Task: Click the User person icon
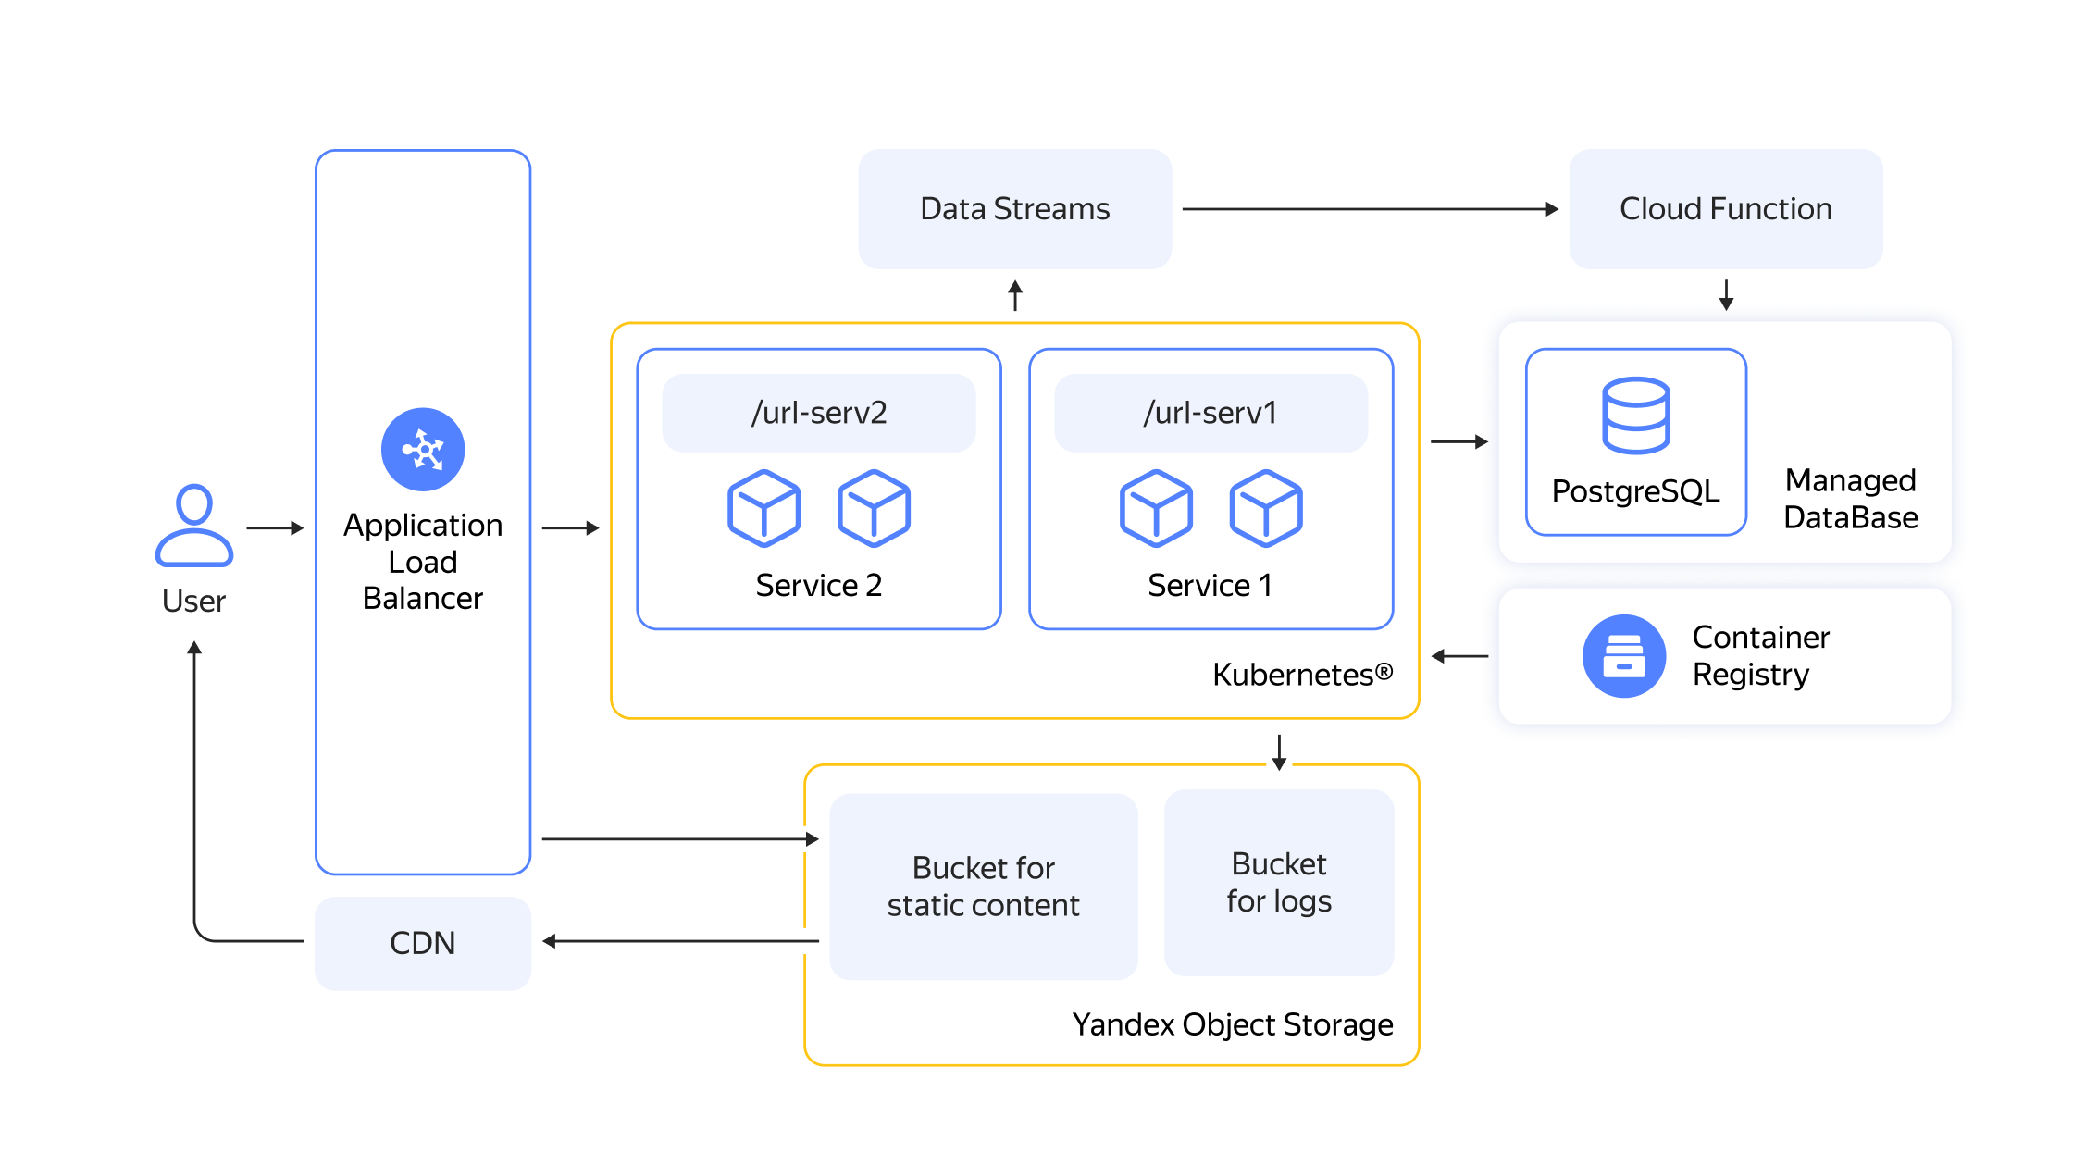[194, 525]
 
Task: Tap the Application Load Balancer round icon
[423, 450]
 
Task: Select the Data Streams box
[1015, 209]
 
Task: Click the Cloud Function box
[1726, 209]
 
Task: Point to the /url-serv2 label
[819, 413]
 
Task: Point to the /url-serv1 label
[1210, 413]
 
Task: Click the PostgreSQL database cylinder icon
[1636, 416]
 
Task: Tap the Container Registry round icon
[1624, 656]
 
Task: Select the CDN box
[423, 943]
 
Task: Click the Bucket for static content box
[984, 887]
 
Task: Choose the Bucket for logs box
[1279, 883]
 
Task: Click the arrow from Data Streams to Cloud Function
[1371, 209]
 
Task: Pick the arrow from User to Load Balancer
[275, 528]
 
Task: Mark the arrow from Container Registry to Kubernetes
[1459, 656]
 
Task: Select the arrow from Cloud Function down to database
[1726, 295]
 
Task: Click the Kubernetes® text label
[1302, 675]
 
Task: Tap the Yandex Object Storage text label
[1233, 1025]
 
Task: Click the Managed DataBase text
[1851, 499]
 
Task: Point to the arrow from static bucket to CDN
[680, 941]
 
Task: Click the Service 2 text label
[819, 586]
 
